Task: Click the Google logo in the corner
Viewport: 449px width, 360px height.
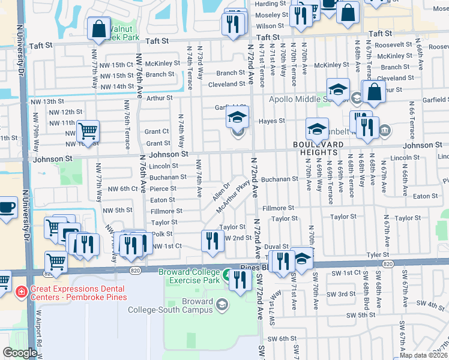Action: pos(20,353)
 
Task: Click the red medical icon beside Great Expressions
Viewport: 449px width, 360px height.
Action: pos(20,291)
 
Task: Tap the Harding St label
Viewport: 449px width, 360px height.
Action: pos(266,4)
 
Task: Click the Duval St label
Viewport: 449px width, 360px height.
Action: pos(277,246)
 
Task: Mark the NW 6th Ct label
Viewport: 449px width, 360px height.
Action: pos(123,188)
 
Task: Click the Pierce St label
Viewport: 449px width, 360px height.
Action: pos(163,188)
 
